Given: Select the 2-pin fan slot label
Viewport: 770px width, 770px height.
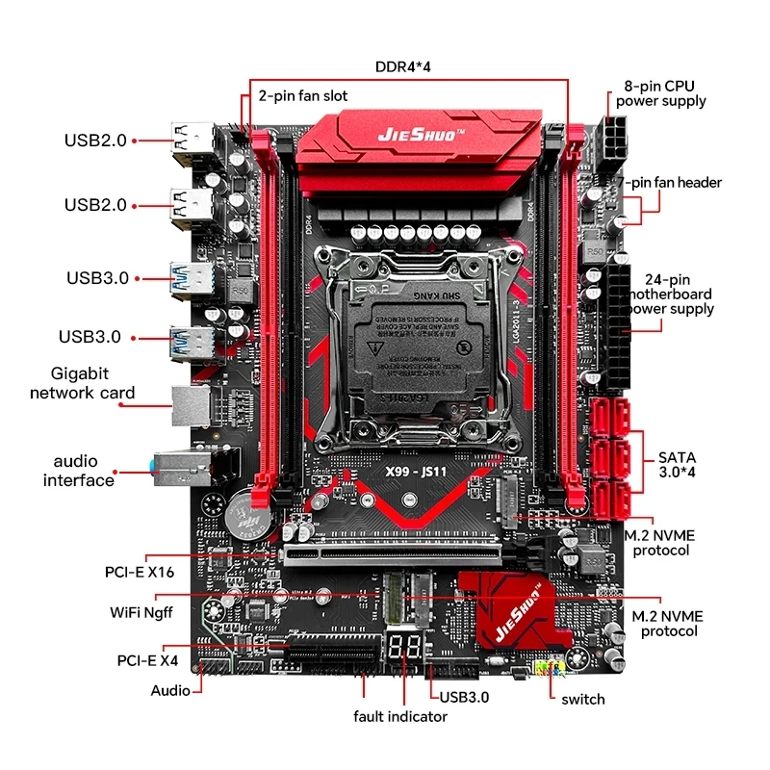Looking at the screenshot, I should (x=303, y=96).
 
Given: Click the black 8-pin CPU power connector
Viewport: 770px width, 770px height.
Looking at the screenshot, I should (x=610, y=141).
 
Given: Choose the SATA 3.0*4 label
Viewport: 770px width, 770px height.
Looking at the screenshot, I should (x=682, y=465).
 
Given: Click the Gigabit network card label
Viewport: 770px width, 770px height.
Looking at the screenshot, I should (x=83, y=383).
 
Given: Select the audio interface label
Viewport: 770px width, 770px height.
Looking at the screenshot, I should (x=78, y=471).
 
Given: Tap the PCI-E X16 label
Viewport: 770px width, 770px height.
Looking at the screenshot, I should (x=140, y=572).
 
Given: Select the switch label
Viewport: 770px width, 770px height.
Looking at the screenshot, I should (x=583, y=699).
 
